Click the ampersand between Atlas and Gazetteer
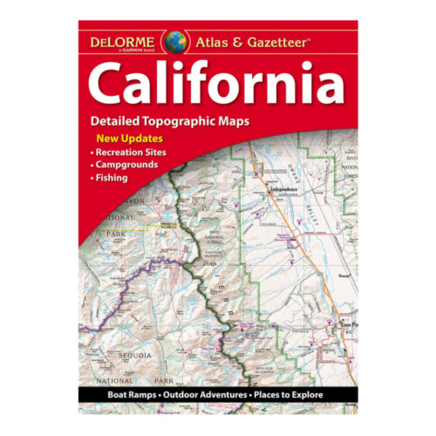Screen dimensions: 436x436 coord(241,40)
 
